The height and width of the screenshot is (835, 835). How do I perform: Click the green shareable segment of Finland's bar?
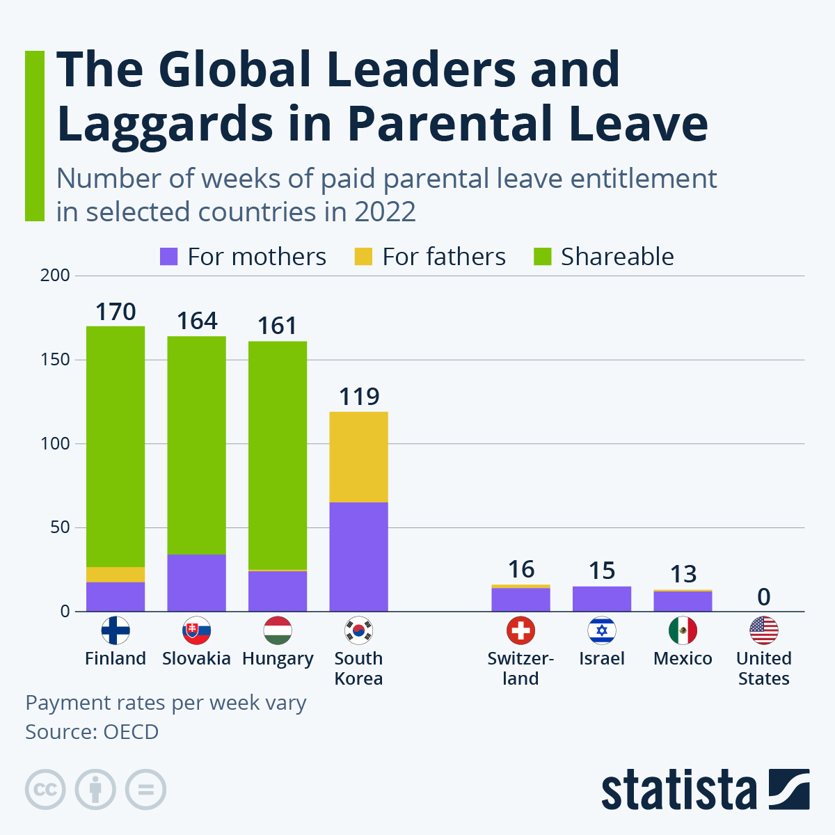point(116,445)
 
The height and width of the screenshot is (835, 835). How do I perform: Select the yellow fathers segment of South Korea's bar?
point(358,456)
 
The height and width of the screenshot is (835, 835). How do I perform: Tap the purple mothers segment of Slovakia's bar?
point(196,583)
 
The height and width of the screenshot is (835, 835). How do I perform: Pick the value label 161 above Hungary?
point(277,326)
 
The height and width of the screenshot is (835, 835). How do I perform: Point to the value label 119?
point(358,397)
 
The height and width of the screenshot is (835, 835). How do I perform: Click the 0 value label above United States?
point(763,597)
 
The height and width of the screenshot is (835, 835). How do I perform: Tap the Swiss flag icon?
point(520,630)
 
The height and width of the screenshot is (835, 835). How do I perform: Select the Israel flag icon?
point(602,630)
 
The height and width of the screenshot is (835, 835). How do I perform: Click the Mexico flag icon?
point(683,630)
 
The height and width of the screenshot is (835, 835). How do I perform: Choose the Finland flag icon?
point(116,630)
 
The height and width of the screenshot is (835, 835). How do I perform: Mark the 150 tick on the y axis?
point(55,360)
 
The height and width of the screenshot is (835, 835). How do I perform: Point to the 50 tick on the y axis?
point(59,528)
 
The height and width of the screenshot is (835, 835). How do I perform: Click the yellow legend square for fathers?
point(363,257)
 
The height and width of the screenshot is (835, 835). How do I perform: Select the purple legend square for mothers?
point(169,257)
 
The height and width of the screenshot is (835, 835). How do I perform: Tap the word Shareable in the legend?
point(617,257)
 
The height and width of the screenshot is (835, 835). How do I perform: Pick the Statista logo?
point(705,790)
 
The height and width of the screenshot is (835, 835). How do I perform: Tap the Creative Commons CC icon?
point(45,790)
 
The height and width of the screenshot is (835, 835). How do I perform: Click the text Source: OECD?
point(92,732)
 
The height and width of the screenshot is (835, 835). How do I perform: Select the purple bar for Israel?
point(602,599)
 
